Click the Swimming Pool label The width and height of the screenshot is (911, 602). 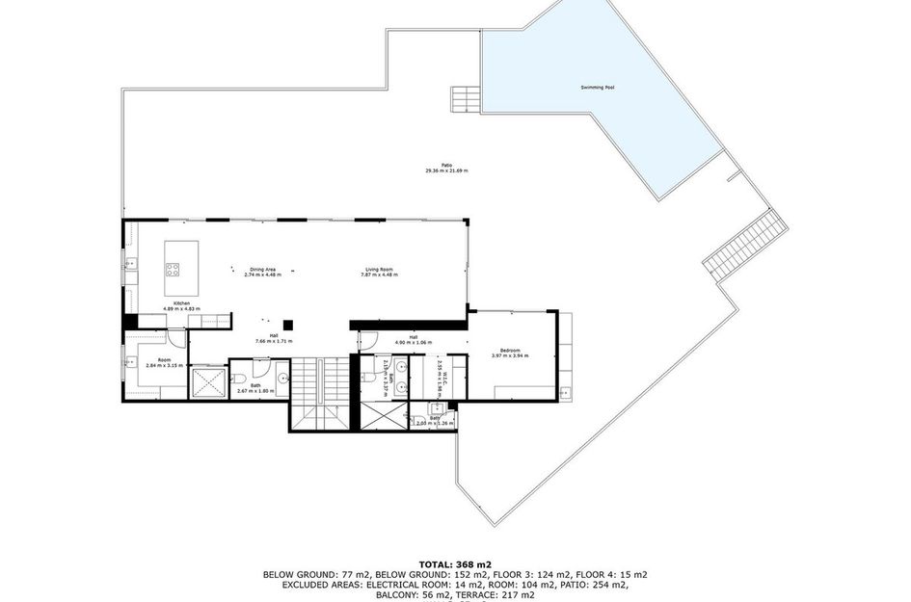pos(598,88)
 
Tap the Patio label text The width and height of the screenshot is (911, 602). pos(446,166)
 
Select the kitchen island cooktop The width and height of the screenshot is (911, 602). pos(174,270)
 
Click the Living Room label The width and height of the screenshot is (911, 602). pos(379,270)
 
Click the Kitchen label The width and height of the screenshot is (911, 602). pos(181,303)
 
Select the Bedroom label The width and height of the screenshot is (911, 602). pos(510,350)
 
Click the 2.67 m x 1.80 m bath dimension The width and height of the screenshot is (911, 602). pos(255,390)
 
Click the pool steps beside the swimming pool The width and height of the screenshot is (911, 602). pos(466,98)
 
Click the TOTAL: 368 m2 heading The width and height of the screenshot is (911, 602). pos(454,563)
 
